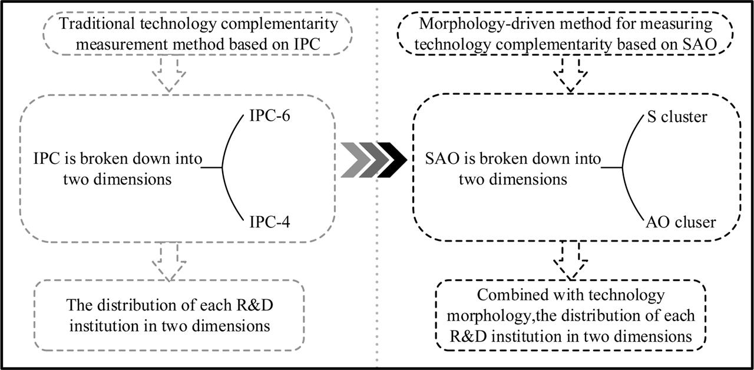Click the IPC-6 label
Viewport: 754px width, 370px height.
pos(264,117)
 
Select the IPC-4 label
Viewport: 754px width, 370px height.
pos(264,222)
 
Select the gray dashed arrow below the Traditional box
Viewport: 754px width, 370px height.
pos(168,75)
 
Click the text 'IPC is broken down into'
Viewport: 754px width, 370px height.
pos(118,159)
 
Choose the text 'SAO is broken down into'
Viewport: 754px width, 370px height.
pos(513,159)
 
